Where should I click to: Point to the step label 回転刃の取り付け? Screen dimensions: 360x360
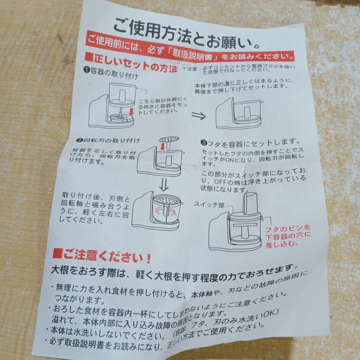pos(109,140)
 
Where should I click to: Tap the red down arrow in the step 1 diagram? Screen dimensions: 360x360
pos(132,111)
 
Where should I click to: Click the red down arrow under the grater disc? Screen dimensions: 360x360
pos(163,146)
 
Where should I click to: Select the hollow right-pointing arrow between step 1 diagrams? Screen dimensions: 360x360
pos(199,116)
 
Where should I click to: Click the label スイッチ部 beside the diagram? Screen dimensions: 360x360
pos(209,205)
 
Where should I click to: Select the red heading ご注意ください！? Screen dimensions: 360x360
pos(107,256)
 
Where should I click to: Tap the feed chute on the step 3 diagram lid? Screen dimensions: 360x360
pos(251,204)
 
